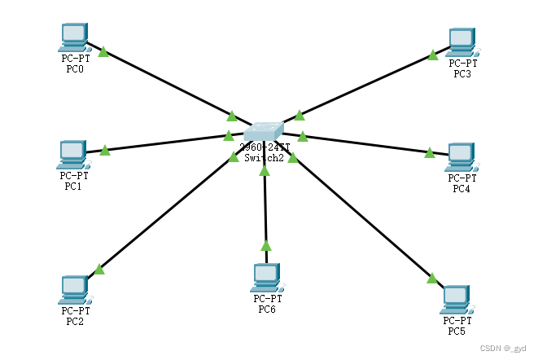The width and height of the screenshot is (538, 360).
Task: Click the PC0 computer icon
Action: pos(73,37)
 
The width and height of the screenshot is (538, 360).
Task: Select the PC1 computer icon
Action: pos(72,153)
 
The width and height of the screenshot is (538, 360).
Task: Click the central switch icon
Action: pos(265,132)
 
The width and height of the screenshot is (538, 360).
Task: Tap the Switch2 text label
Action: pos(265,158)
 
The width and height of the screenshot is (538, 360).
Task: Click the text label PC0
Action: pos(74,69)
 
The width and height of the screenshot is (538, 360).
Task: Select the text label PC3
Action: pos(462,74)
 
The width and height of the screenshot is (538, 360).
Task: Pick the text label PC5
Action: pos(457,331)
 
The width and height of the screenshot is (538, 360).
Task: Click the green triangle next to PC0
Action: pos(103,51)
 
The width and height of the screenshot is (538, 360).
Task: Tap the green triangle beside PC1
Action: pos(104,150)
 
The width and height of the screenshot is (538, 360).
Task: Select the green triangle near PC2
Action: pos(99,268)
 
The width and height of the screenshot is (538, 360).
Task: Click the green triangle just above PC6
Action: pos(265,244)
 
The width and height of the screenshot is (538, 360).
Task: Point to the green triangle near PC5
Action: pos(432,278)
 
